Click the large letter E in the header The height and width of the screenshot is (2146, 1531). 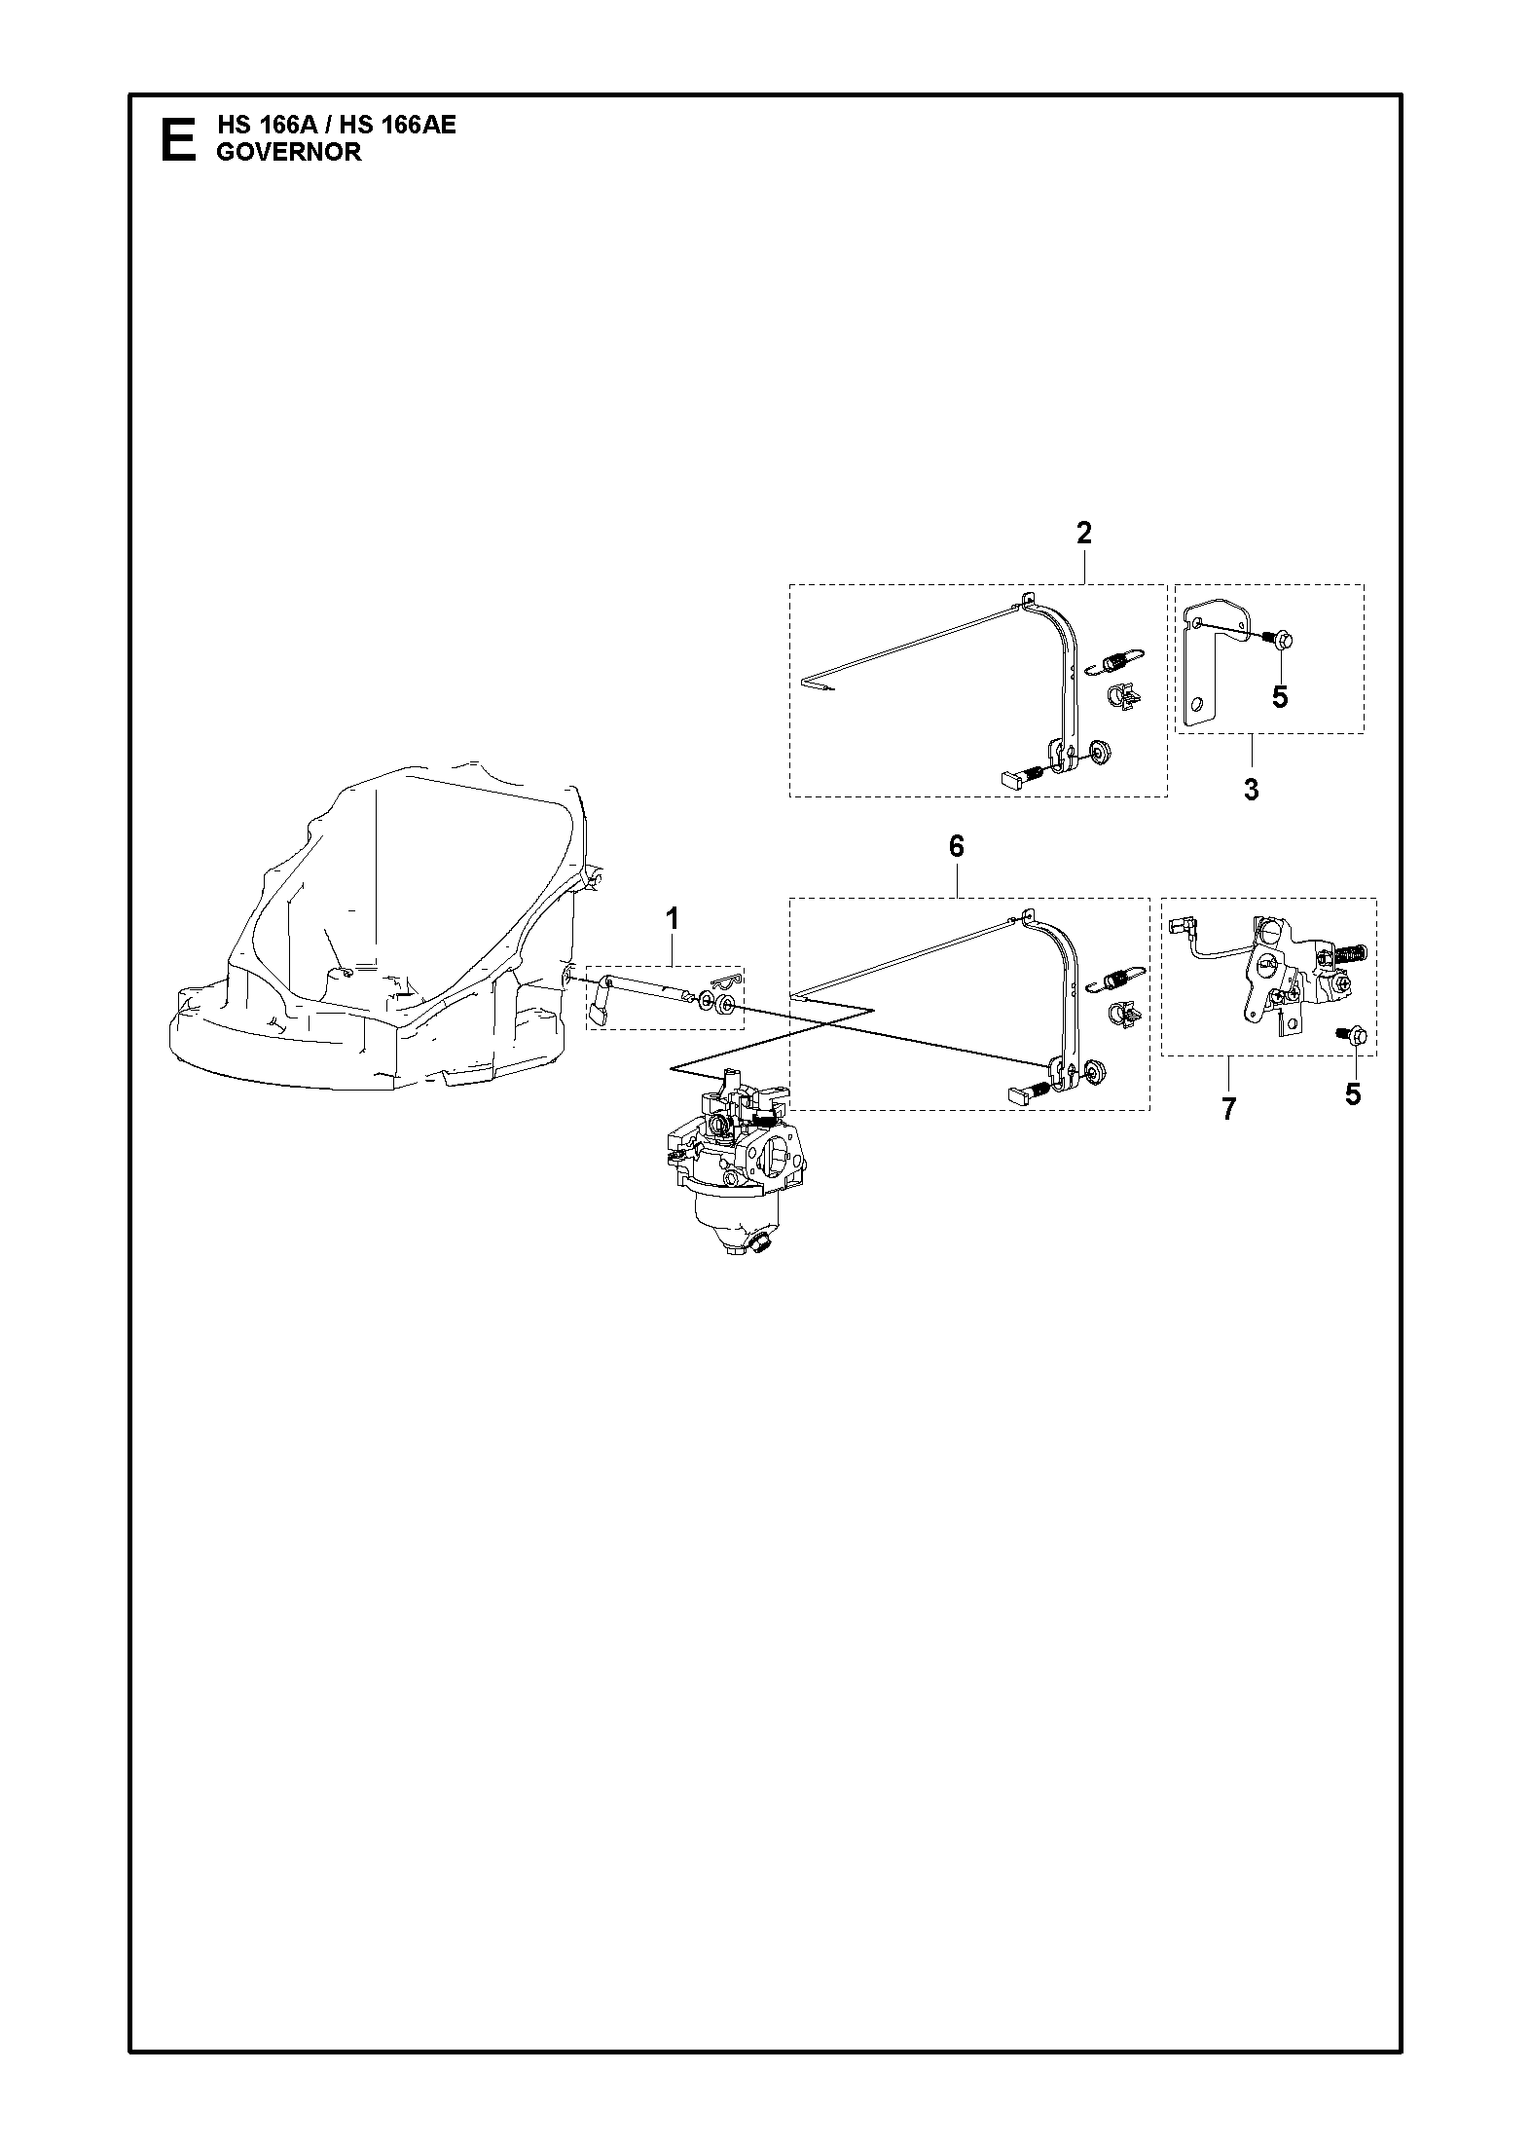click(177, 139)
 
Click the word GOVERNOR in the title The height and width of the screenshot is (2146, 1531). click(288, 153)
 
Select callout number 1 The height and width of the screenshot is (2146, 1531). click(672, 918)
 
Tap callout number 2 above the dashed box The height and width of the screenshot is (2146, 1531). click(1083, 533)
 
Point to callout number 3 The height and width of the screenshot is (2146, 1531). click(1252, 790)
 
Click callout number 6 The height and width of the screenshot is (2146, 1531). click(956, 847)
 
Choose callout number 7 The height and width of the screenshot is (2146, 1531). click(1228, 1108)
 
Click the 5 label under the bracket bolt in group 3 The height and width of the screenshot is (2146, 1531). click(1280, 697)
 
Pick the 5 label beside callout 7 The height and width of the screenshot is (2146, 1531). click(1353, 1094)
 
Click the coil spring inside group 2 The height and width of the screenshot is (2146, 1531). click(1117, 661)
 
